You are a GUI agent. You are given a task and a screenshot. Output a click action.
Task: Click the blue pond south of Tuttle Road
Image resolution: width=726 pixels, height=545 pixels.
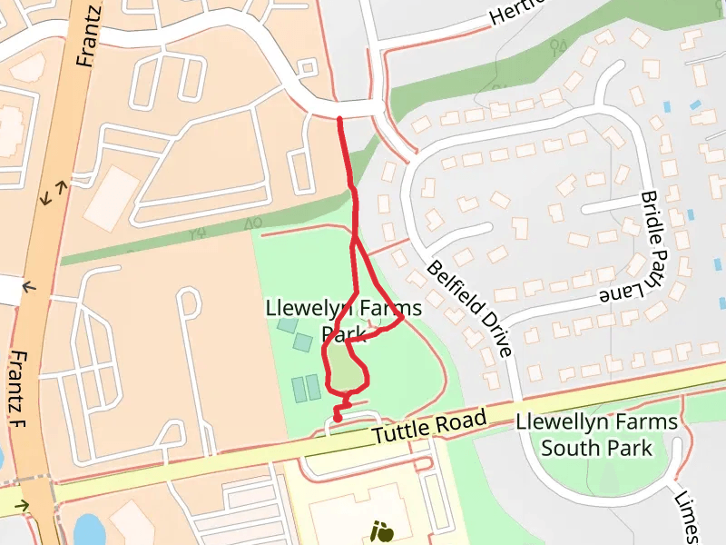pyautogui.click(x=89, y=529)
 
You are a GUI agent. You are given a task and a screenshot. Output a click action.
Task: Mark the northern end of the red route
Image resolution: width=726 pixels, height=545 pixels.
pyautogui.click(x=339, y=118)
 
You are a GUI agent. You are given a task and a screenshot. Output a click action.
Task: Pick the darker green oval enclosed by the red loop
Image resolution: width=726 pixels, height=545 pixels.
pyautogui.click(x=343, y=369)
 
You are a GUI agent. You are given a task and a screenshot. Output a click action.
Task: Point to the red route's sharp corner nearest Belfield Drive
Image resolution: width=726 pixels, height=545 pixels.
pyautogui.click(x=401, y=317)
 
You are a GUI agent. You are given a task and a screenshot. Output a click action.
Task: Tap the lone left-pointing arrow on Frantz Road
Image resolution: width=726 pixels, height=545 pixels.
pyautogui.click(x=28, y=287)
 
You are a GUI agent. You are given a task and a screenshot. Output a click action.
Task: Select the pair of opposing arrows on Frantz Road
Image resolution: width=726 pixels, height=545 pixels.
pyautogui.click(x=54, y=193)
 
